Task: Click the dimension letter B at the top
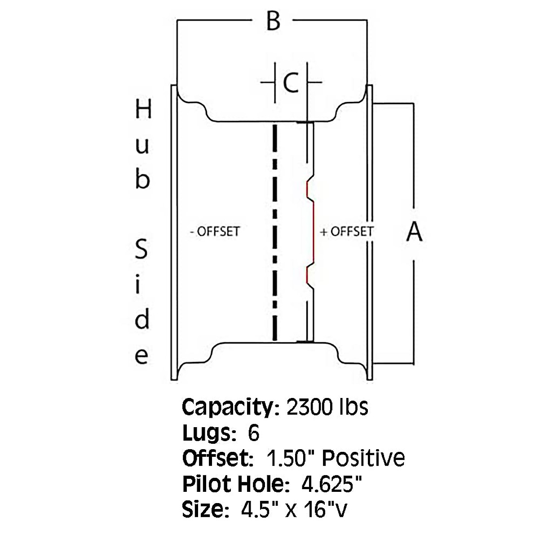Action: click(x=273, y=21)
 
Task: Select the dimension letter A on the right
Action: click(x=414, y=232)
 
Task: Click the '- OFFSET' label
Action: click(x=215, y=232)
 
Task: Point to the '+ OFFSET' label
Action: click(x=346, y=232)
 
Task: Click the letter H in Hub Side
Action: click(x=143, y=110)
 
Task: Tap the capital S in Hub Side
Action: click(x=141, y=249)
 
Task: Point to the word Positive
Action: click(x=364, y=459)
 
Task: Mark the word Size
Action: click(x=202, y=510)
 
